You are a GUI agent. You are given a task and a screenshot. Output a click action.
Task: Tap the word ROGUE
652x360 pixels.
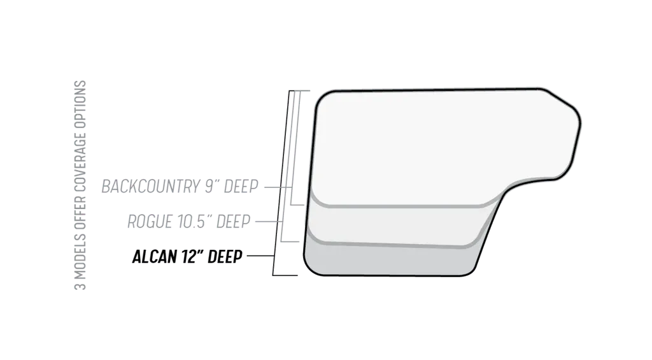tap(148, 222)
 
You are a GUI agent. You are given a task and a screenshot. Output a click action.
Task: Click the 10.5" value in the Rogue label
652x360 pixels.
tap(194, 222)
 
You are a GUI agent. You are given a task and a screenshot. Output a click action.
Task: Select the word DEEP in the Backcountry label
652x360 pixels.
tap(240, 187)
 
